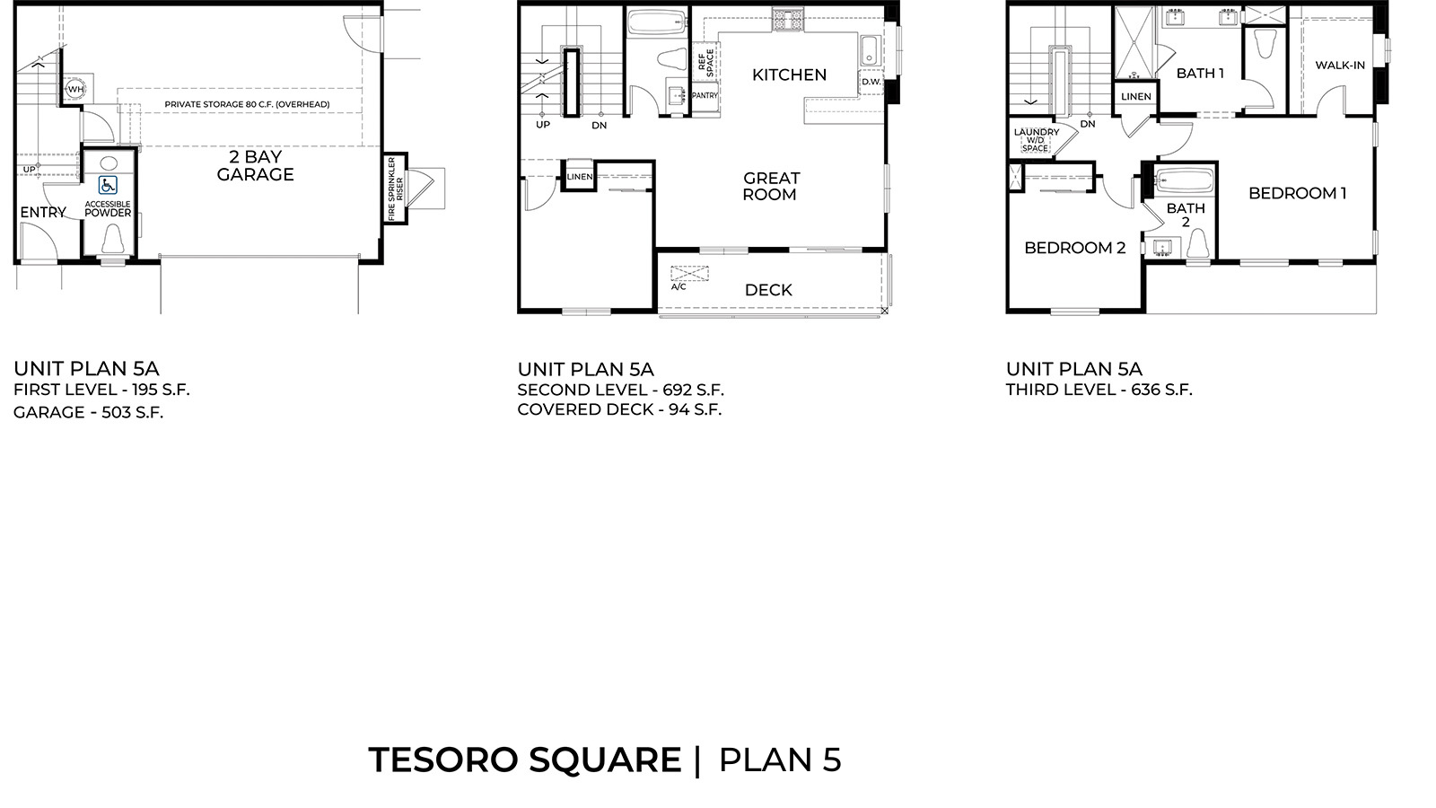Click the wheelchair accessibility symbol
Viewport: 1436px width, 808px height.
[x=108, y=186]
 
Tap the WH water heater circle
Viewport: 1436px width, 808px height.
[x=75, y=89]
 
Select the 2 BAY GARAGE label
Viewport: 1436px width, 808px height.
[x=255, y=166]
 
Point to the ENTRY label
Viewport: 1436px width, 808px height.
[x=43, y=213]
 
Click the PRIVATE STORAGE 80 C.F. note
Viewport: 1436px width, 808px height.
[x=247, y=104]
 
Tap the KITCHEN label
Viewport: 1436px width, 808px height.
[x=789, y=75]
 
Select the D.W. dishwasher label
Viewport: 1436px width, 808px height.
[x=871, y=82]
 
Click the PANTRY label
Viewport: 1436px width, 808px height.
[x=705, y=95]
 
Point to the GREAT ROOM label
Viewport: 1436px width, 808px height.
[x=770, y=186]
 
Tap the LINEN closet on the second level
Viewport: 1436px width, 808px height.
[x=580, y=177]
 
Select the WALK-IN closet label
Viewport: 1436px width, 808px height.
[x=1339, y=65]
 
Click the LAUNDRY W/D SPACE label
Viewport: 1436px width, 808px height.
[x=1036, y=139]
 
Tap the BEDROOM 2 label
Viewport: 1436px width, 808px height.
[x=1074, y=248]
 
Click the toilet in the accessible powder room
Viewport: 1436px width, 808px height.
[x=113, y=239]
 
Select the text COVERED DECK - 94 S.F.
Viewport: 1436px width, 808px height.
[x=619, y=409]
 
